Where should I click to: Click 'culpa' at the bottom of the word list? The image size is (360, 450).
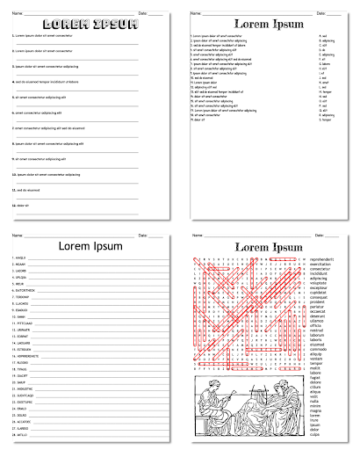pyautogui.click(x=315, y=434)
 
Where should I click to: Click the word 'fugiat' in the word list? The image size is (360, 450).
pyautogui.click(x=315, y=377)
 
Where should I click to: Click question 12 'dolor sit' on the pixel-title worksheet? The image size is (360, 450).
pyautogui.click(x=23, y=206)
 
